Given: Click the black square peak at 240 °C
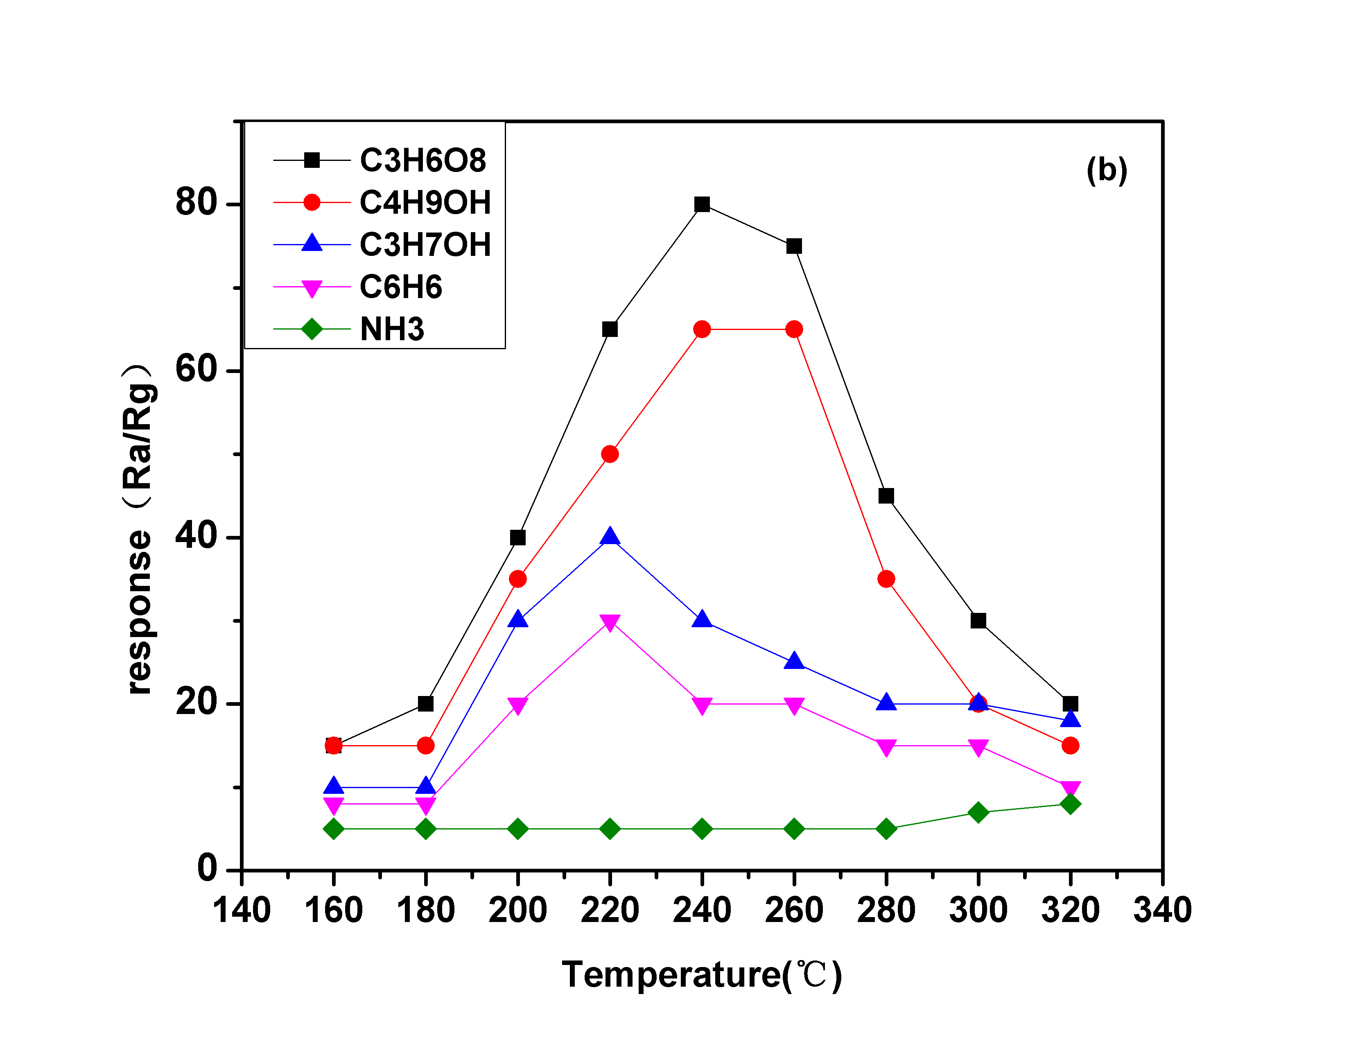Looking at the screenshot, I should tap(701, 204).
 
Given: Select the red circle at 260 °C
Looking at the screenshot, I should tap(794, 329).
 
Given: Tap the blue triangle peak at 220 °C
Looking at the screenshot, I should tap(609, 536).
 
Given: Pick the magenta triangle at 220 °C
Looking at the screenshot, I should tap(609, 622).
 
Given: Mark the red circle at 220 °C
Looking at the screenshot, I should tap(609, 454).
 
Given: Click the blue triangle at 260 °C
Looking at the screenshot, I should tap(794, 661).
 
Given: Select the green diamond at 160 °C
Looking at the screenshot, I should tap(333, 829).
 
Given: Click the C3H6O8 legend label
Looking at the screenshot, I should tap(423, 161).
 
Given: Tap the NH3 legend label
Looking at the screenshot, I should tap(392, 329).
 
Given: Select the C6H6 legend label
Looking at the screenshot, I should tap(401, 287).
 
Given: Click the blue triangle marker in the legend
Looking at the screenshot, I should tap(312, 244).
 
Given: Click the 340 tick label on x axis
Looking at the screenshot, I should tap(1162, 911).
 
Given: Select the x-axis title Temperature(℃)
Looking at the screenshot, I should tap(701, 975).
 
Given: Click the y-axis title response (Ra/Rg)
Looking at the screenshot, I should tap(139, 529).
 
